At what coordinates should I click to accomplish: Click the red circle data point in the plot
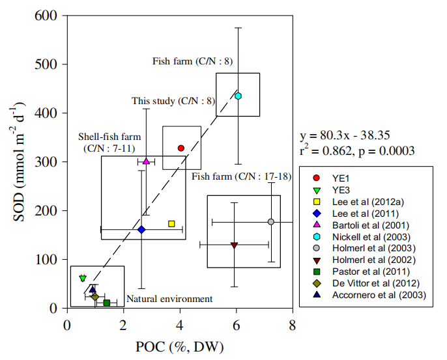click(181, 148)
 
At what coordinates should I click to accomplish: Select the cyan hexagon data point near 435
click(238, 96)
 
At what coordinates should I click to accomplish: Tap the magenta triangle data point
click(146, 161)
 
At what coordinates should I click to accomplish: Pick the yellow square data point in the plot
click(171, 223)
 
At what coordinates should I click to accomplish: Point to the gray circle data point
click(271, 222)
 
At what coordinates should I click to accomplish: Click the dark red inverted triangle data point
click(234, 245)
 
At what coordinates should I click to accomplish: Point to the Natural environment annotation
click(169, 299)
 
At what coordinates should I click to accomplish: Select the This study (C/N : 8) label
click(173, 101)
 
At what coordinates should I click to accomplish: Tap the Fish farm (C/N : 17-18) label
click(242, 176)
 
